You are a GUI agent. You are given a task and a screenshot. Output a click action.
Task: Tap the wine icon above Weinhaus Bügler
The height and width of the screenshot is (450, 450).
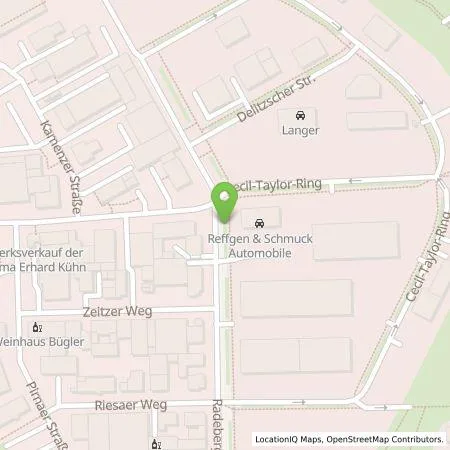click(37, 326)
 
